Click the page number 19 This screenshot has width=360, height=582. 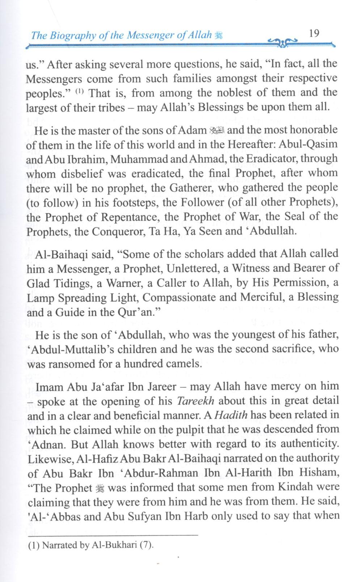tap(314, 34)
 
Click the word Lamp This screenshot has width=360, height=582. tap(41, 298)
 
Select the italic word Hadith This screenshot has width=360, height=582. tap(231, 415)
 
